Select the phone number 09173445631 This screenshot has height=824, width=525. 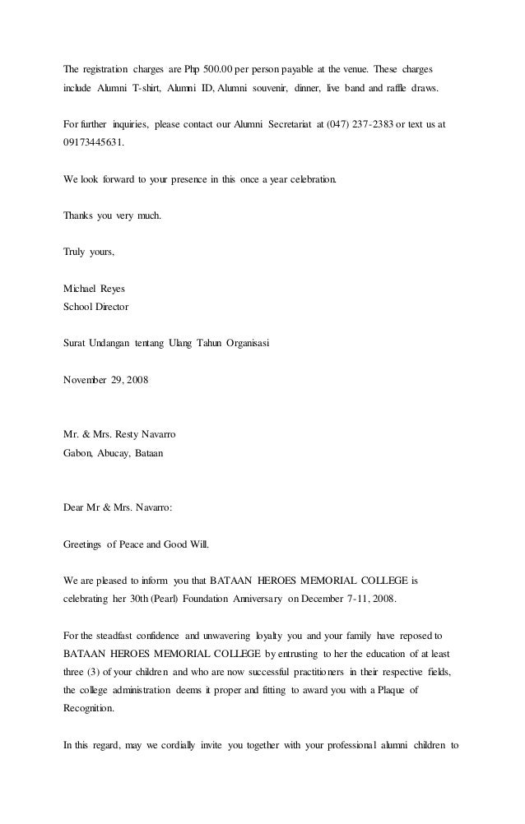[x=95, y=141]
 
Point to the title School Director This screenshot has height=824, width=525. [x=95, y=307]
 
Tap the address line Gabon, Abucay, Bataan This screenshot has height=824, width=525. [x=114, y=451]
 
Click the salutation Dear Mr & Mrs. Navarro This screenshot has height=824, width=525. [x=118, y=507]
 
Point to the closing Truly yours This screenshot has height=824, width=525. [x=90, y=252]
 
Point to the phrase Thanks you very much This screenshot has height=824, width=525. [x=113, y=216]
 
